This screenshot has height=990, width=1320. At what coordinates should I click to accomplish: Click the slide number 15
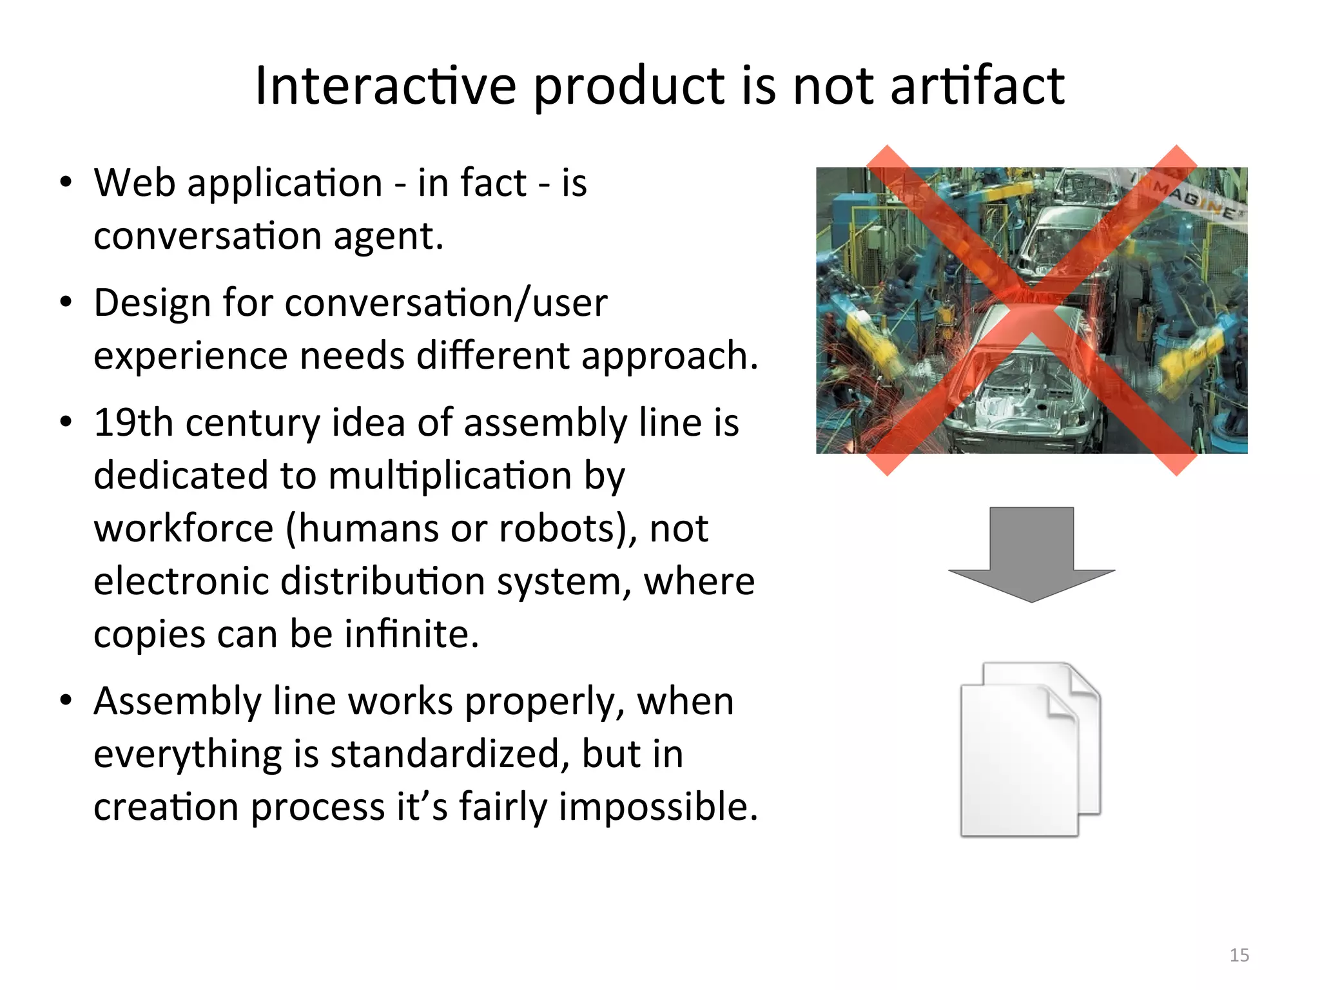pyautogui.click(x=1239, y=955)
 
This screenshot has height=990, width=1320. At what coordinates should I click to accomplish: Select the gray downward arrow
pyautogui.click(x=1031, y=554)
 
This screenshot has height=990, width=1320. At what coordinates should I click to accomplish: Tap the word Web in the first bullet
pyautogui.click(x=134, y=183)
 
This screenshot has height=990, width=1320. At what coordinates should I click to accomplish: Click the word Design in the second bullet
pyautogui.click(x=152, y=303)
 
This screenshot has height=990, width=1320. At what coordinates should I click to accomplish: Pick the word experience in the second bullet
pyautogui.click(x=191, y=356)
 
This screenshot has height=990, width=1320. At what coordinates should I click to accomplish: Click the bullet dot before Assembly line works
pyautogui.click(x=66, y=701)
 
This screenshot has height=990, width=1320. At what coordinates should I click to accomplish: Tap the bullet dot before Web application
pyautogui.click(x=66, y=183)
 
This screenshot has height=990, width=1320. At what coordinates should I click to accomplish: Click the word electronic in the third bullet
pyautogui.click(x=181, y=581)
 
